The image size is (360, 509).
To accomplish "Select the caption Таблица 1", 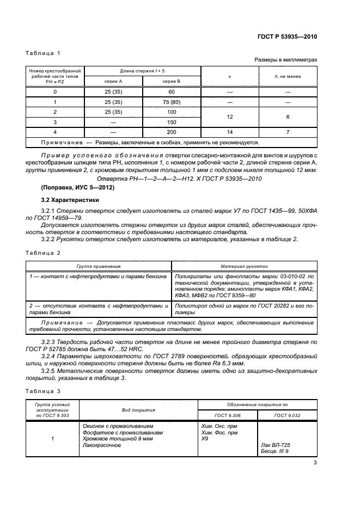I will click(43, 53).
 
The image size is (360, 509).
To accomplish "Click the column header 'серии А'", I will click(113, 81).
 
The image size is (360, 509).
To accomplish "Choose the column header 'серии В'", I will click(172, 81).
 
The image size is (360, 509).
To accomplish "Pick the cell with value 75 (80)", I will click(172, 102).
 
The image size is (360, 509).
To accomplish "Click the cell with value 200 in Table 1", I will click(172, 132).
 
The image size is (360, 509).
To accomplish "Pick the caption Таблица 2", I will click(43, 253).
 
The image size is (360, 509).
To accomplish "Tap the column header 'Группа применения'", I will click(99, 267).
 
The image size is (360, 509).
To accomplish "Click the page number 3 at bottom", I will click(315, 463).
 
